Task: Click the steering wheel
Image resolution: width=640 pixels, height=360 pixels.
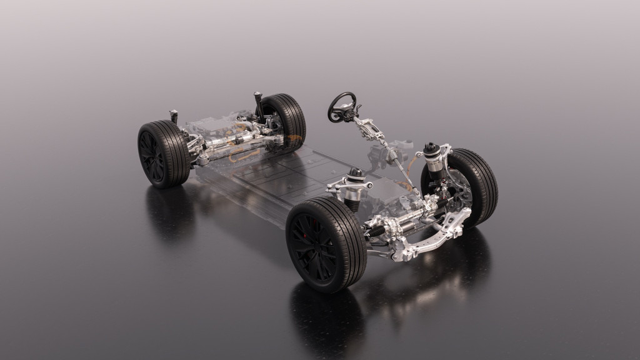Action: pos(342,107)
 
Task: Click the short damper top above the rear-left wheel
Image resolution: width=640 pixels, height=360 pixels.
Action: pos(174,116)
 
